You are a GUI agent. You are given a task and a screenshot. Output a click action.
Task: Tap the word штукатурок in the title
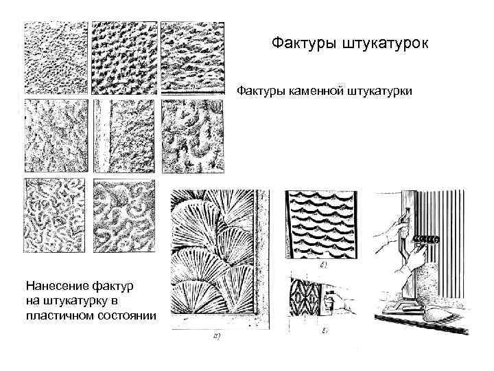386,43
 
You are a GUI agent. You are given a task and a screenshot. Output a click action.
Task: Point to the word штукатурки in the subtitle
379,91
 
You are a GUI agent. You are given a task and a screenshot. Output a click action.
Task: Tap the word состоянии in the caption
128,315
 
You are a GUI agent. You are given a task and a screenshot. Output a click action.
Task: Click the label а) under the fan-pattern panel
216,337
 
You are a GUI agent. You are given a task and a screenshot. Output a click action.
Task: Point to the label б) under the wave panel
323,265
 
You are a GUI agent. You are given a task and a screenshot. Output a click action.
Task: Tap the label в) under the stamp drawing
325,331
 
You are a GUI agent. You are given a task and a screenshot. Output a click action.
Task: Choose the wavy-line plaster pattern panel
321,225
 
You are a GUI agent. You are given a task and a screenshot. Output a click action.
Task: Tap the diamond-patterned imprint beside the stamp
305,297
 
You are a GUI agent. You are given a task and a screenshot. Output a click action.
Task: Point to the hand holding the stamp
338,302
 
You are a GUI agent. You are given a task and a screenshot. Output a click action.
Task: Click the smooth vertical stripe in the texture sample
103,136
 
